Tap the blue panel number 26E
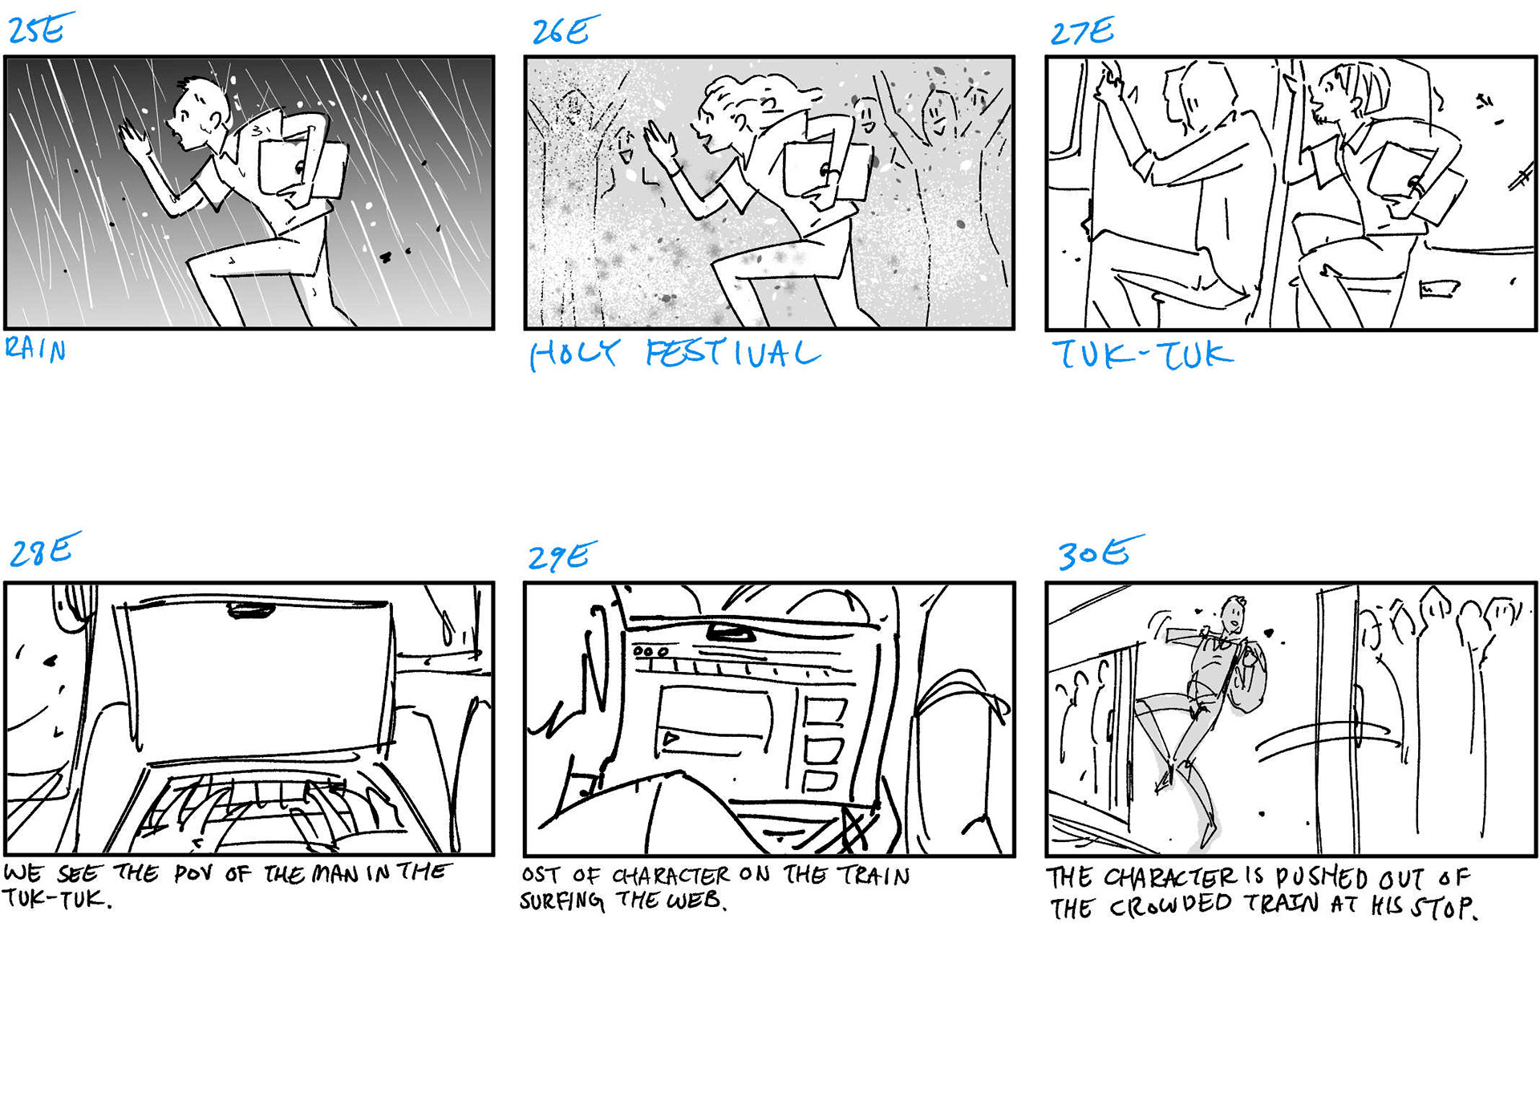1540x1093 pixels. pos(565,30)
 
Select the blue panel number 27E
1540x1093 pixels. pos(1082,31)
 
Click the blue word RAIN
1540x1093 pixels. pos(35,349)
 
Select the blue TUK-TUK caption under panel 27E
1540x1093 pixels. pos(1141,354)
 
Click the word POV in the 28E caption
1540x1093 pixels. pos(194,873)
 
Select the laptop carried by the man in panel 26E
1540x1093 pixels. pos(826,172)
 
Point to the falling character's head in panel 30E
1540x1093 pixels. pos(1234,613)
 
